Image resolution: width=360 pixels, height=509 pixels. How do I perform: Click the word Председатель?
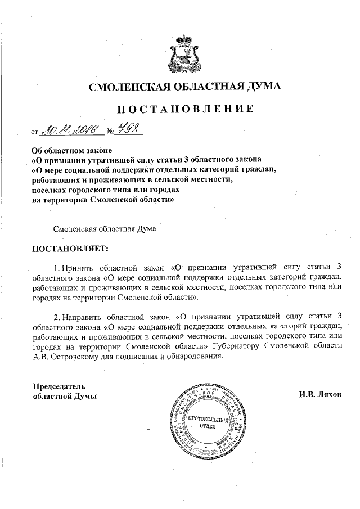(x=58, y=386)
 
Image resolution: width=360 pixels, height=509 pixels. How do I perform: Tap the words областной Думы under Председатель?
(x=64, y=396)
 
